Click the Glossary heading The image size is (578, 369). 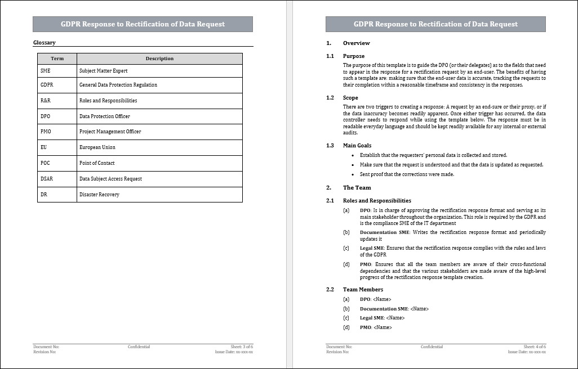(45, 43)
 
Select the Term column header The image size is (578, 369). (57, 58)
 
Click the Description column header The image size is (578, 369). (159, 58)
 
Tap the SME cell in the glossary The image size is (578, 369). (45, 71)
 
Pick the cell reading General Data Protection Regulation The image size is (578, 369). (118, 85)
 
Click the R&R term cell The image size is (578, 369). (46, 101)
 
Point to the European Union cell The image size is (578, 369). (97, 147)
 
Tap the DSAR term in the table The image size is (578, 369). (47, 179)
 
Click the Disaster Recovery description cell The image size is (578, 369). (99, 195)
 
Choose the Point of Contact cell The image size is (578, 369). (97, 163)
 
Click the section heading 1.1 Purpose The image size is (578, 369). (353, 56)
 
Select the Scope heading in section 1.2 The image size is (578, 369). (350, 98)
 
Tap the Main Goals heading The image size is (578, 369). (357, 146)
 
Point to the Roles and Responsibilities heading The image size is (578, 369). (377, 201)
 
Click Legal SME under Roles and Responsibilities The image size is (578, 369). (372, 248)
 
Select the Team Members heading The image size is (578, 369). (363, 290)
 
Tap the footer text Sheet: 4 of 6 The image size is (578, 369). (534, 347)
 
